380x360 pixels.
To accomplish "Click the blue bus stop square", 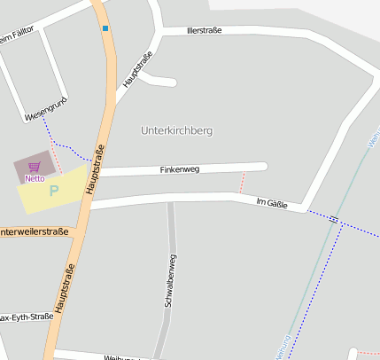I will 105,28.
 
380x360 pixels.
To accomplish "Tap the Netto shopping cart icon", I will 35,167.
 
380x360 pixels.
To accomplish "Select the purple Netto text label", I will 35,178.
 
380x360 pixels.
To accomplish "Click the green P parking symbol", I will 53,190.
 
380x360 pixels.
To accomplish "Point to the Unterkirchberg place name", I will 176,130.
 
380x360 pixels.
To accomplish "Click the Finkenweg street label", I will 180,168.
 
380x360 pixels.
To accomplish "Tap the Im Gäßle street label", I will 274,203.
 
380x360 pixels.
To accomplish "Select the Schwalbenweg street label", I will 170,280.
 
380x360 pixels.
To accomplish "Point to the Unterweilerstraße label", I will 34,232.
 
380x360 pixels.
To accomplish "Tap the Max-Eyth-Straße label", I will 27,317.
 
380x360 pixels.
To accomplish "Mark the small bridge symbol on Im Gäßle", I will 333,218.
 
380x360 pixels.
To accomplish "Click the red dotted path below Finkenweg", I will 242,182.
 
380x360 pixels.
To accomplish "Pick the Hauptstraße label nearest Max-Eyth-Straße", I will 65,288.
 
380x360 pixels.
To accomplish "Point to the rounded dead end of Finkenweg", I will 262,166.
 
